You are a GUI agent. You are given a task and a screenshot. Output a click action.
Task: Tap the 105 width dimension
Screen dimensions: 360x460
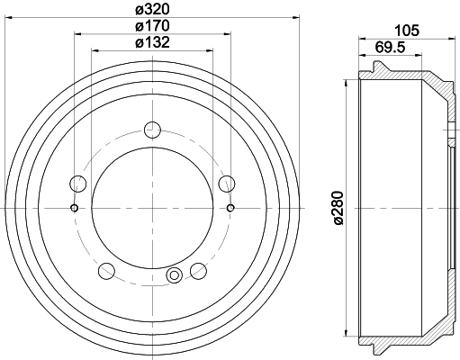[x=408, y=30]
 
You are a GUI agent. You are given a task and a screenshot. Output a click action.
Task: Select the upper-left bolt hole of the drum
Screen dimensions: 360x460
[x=78, y=185]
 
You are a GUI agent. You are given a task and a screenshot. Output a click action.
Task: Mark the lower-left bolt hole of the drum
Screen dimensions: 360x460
[x=106, y=270]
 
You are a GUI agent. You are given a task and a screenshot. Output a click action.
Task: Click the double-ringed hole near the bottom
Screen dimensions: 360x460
[x=175, y=275]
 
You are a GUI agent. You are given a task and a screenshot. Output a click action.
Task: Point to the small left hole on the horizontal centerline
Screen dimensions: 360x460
[x=73, y=209]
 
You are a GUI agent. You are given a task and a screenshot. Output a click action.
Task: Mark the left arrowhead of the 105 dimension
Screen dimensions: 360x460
[x=363, y=39]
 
